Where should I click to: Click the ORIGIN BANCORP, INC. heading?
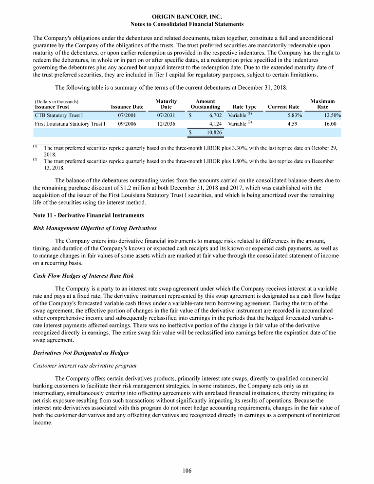pyautogui.click(x=187, y=17)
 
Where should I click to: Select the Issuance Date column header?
pyautogui.click(x=127, y=107)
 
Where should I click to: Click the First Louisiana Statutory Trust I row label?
pyautogui.click(x=70, y=124)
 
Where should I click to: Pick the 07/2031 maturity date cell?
pyautogui.click(x=166, y=116)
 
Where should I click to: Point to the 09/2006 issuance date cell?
pyautogui.click(x=127, y=124)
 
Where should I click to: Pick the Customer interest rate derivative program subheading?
pyautogui.click(x=82, y=364)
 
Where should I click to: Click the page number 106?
pyautogui.click(x=187, y=470)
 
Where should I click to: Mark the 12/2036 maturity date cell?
pyautogui.click(x=166, y=124)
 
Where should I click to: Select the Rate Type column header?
pyautogui.click(x=244, y=107)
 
